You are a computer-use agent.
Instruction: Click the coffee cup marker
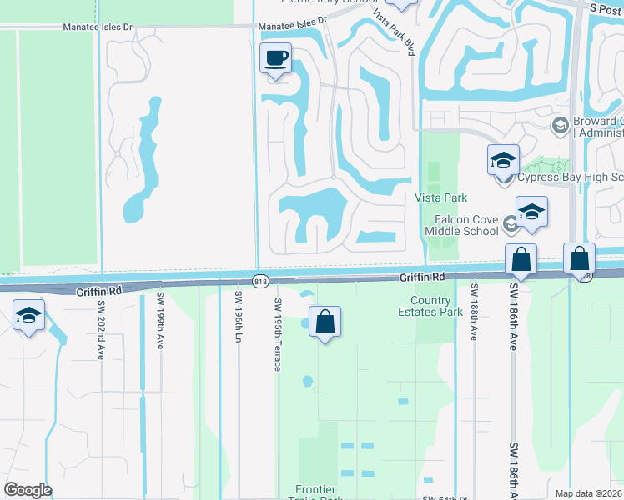[275, 59]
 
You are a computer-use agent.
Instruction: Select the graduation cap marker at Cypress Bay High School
[503, 159]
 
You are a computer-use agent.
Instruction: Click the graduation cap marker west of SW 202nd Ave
[28, 316]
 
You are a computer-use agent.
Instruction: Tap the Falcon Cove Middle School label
[460, 224]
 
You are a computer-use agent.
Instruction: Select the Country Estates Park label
[436, 307]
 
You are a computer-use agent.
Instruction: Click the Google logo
[28, 490]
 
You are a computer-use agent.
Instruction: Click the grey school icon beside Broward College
[560, 125]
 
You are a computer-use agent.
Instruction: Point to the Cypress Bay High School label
[571, 177]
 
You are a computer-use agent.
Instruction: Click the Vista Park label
[440, 197]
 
